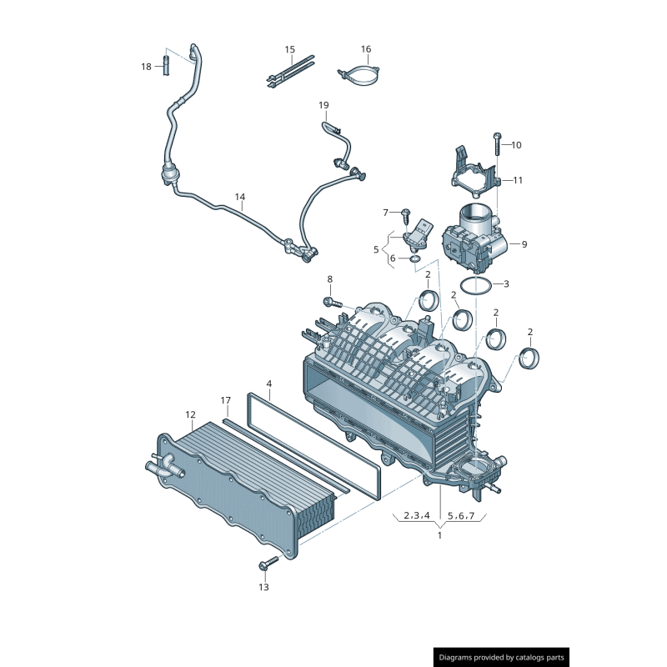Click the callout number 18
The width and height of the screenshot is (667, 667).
(146, 66)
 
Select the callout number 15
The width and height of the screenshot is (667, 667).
(290, 50)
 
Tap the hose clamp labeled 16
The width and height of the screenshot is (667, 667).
(359, 75)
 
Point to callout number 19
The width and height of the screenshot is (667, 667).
(323, 105)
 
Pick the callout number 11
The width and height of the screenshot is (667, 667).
(518, 180)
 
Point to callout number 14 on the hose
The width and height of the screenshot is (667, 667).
(240, 198)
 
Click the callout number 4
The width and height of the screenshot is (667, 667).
(269, 384)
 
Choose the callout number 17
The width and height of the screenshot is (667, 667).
(225, 401)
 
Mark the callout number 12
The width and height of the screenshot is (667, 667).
(190, 414)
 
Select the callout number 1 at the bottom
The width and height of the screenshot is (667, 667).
(439, 535)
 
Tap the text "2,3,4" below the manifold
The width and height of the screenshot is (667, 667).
(416, 515)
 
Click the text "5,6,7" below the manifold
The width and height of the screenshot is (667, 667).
(461, 515)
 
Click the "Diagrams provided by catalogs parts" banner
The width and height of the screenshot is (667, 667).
(502, 658)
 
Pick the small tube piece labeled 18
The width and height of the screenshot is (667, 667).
(165, 63)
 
